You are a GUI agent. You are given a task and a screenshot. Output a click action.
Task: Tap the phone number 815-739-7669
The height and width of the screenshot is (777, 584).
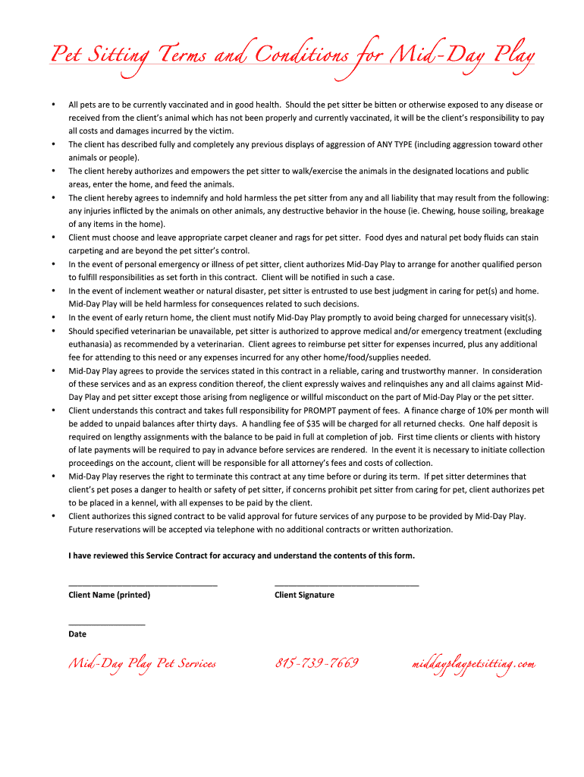(316, 664)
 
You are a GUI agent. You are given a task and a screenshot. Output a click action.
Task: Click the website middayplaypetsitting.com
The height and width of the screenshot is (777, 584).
(474, 665)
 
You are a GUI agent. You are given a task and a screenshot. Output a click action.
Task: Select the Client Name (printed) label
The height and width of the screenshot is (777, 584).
(109, 595)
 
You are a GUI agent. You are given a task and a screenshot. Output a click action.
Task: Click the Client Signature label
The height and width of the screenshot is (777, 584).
(304, 595)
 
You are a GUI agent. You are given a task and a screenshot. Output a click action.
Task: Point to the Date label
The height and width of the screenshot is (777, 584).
(77, 634)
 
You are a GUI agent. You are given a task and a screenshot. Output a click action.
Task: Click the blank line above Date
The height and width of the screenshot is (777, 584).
(106, 624)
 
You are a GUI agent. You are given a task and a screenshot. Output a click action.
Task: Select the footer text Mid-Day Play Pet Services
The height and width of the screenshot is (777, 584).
(143, 665)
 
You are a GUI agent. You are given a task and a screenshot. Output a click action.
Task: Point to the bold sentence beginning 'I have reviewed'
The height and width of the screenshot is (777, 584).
(241, 555)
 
